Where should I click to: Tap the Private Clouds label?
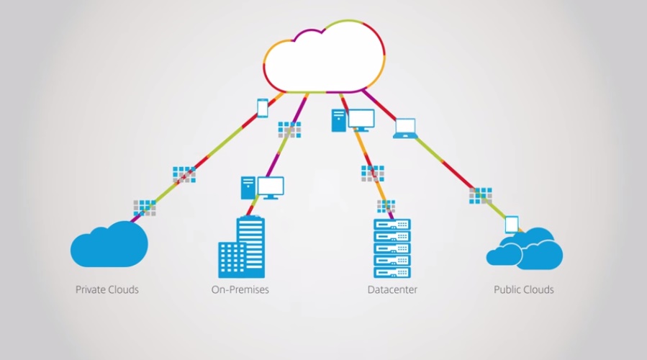pyautogui.click(x=107, y=290)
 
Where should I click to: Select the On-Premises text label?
pyautogui.click(x=240, y=290)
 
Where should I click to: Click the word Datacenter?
pyautogui.click(x=392, y=290)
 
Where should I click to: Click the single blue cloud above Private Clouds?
pyautogui.click(x=109, y=245)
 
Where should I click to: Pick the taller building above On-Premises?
pyautogui.click(x=251, y=245)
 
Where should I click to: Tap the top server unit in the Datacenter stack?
pyautogui.click(x=392, y=225)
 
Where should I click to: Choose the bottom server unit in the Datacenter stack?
pyautogui.click(x=392, y=273)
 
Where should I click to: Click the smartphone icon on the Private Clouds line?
pyautogui.click(x=263, y=108)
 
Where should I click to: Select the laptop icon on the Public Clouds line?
pyautogui.click(x=405, y=128)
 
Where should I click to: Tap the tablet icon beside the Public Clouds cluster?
pyautogui.click(x=512, y=225)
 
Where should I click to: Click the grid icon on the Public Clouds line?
pyautogui.click(x=481, y=194)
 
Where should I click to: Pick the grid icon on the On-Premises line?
pyautogui.click(x=289, y=130)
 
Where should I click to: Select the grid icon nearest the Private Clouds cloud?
pyautogui.click(x=144, y=207)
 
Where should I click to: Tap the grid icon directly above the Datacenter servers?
pyautogui.click(x=386, y=207)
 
